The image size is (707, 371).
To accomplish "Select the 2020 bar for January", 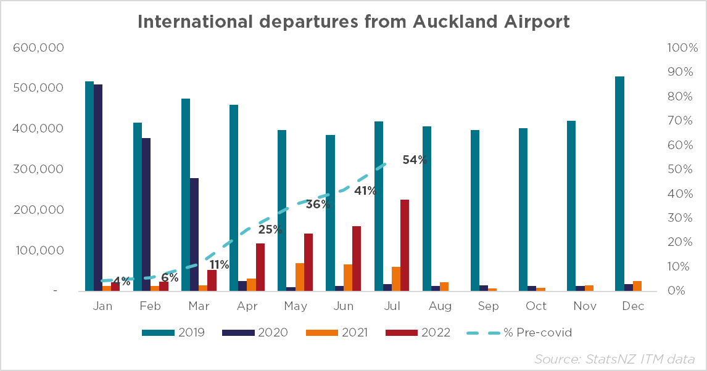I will click(x=98, y=187).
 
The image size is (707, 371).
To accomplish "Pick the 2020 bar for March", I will click(x=194, y=234).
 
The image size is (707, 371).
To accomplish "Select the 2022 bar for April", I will click(x=260, y=267).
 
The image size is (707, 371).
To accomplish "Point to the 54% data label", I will click(x=415, y=160).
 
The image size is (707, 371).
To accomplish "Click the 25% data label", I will click(x=270, y=230).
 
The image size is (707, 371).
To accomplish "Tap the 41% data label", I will click(x=365, y=191).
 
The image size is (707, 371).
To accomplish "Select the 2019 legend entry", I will click(x=173, y=333).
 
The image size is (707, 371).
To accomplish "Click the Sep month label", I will click(x=487, y=306).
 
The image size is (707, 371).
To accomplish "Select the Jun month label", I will click(x=343, y=306).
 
